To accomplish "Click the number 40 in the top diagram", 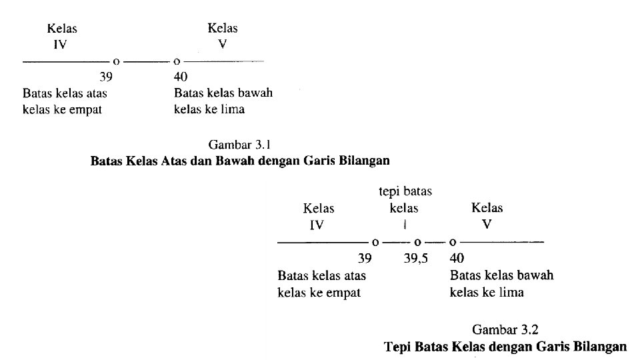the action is click(x=181, y=77).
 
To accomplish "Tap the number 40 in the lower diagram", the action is click(x=457, y=258).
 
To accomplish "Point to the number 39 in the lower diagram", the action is click(x=364, y=258).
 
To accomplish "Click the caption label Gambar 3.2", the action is click(x=505, y=329).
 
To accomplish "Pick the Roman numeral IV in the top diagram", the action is click(x=61, y=45).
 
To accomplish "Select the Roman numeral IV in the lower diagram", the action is click(x=317, y=225).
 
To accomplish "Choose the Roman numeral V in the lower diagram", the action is click(x=487, y=224).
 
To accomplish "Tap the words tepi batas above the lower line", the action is click(x=405, y=192).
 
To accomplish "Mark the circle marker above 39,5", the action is click(x=418, y=241).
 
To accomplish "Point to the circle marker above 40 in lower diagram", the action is click(x=453, y=241).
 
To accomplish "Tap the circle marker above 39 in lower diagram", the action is click(x=375, y=241).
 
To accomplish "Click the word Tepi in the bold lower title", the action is click(x=397, y=347).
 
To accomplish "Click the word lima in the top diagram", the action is click(x=233, y=109).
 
